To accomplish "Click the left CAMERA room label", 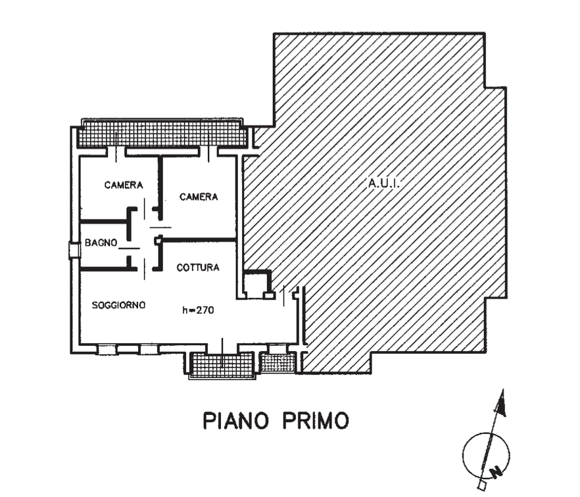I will pos(124,185).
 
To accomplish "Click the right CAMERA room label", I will pos(199,197).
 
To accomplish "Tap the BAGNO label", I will pos(101,243).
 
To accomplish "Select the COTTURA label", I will pos(198,268).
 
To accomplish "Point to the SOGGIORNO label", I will pos(119,305).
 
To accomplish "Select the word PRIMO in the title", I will pos(316,421).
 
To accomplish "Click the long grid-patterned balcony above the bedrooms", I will pos(164,136).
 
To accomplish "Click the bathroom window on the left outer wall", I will pos(73,250).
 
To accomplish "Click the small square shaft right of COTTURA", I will pos(253,283).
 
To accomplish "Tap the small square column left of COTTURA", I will pos(158,241).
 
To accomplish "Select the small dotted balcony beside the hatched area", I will pos(278,363).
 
